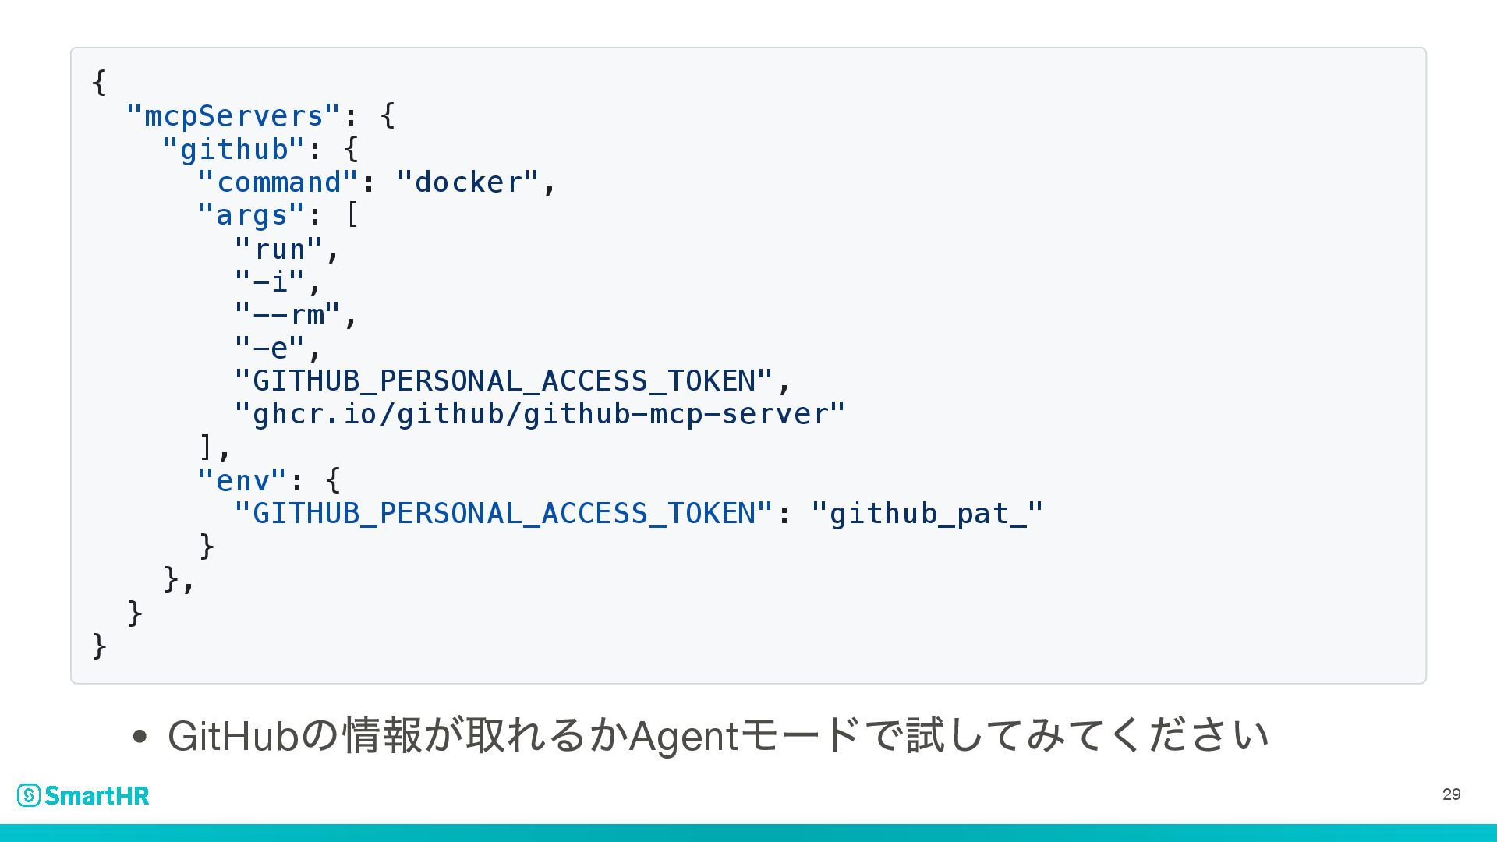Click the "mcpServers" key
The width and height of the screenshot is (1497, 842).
233,116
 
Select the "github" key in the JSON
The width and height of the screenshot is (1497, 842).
234,150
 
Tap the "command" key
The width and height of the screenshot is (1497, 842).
278,182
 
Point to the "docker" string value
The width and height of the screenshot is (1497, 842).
468,182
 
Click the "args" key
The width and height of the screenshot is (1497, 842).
251,215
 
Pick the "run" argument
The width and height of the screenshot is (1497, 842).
279,249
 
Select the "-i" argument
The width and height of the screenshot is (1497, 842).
270,281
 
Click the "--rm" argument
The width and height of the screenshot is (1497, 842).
288,315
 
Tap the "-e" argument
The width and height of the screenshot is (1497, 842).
270,348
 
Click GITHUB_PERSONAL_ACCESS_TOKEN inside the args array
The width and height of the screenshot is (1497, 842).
504,381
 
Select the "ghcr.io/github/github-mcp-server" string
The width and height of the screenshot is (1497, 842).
540,414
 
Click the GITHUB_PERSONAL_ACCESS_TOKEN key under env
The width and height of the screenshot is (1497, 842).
504,514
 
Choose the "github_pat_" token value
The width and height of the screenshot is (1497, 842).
927,514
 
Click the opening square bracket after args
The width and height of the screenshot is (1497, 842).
352,215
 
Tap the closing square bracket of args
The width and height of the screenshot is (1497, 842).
207,447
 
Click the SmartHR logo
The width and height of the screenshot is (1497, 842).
83,795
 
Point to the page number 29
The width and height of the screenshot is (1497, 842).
1451,794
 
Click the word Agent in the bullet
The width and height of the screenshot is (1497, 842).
683,736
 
